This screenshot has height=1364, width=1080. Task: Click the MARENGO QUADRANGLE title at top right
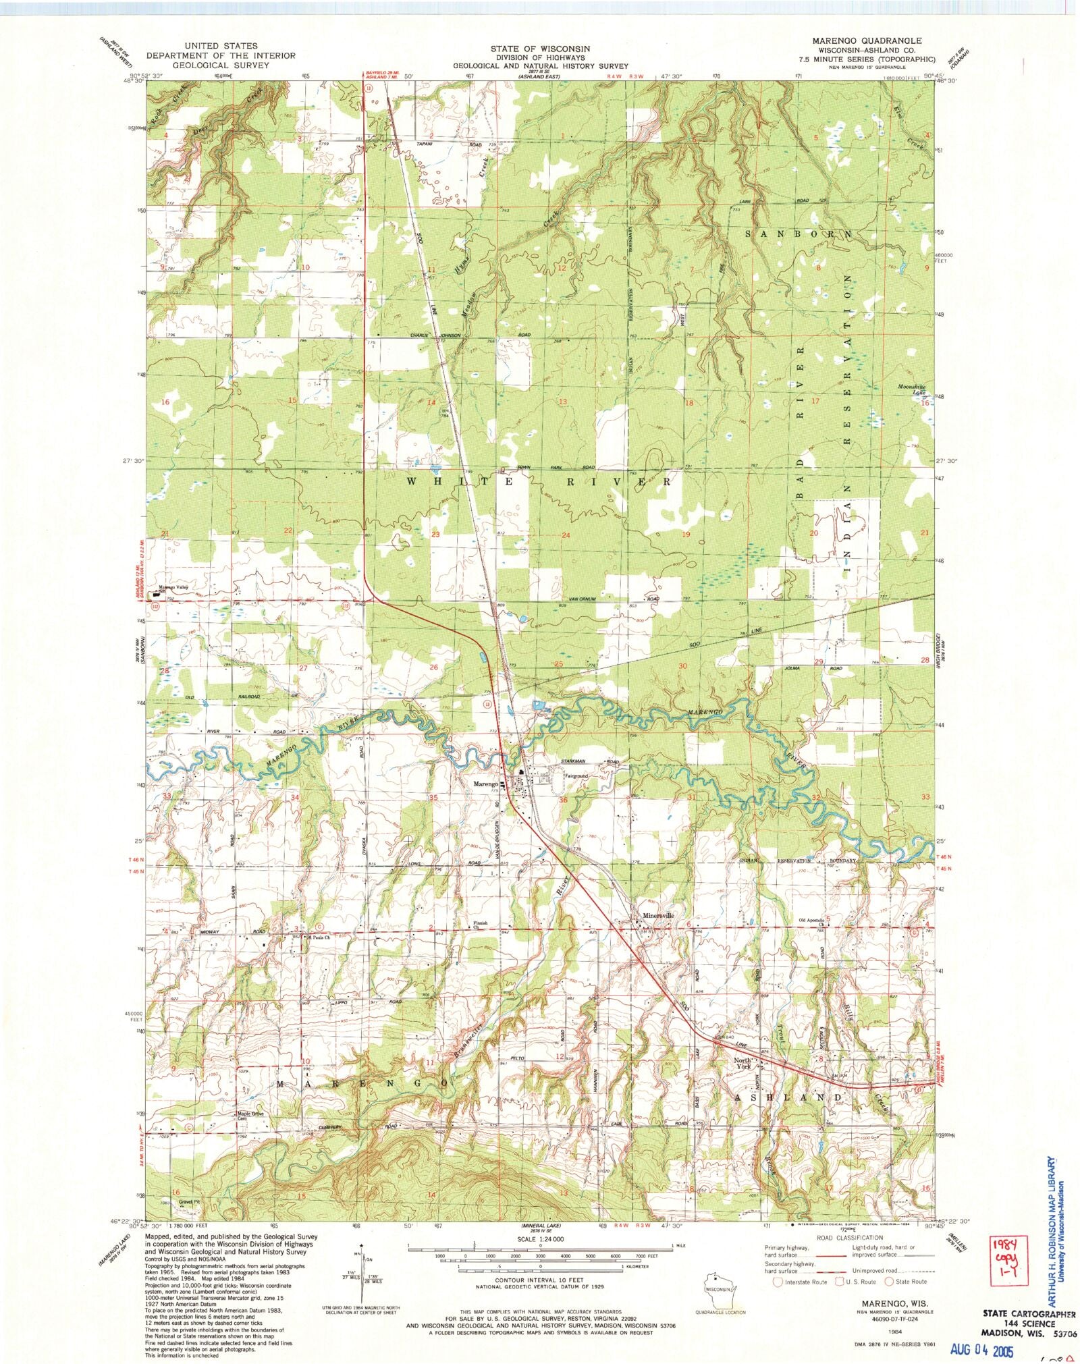(867, 41)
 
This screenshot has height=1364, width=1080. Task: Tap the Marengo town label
(485, 784)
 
